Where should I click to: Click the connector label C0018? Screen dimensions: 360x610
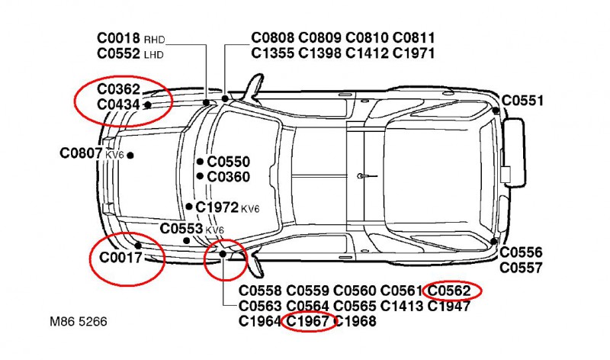119,38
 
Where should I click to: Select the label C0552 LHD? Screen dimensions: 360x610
119,53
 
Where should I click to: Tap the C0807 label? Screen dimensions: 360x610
81,153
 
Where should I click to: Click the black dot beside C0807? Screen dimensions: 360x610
130,155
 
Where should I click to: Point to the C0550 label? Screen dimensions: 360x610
228,162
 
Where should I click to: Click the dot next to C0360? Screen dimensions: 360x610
200,176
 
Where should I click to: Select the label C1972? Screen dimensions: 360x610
217,207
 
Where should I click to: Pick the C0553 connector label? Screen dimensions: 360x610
181,228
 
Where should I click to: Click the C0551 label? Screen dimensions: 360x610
523,100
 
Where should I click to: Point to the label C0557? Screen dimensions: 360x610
522,268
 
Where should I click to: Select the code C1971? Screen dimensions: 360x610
415,53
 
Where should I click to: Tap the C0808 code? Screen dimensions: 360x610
274,38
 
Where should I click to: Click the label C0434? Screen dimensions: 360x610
119,104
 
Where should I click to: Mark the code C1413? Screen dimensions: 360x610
403,306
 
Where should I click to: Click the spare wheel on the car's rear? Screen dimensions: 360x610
515,152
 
